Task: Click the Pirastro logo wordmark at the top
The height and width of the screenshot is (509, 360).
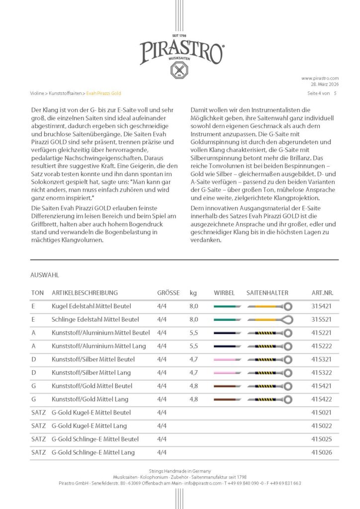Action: tap(181, 52)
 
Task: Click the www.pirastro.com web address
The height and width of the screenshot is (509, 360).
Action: tap(320, 78)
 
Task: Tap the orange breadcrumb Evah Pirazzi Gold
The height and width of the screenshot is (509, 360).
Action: tap(103, 93)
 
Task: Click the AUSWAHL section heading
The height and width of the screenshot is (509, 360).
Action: tap(45, 274)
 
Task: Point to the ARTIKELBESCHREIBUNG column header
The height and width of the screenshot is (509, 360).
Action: tap(85, 293)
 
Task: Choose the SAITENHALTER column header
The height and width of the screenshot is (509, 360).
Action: tap(267, 293)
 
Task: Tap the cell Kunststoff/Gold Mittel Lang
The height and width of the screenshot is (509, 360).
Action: tap(90, 399)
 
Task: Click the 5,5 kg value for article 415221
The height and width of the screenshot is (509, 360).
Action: tap(194, 333)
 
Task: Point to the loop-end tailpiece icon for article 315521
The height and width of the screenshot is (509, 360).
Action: tap(269, 320)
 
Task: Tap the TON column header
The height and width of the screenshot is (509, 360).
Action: tap(37, 293)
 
